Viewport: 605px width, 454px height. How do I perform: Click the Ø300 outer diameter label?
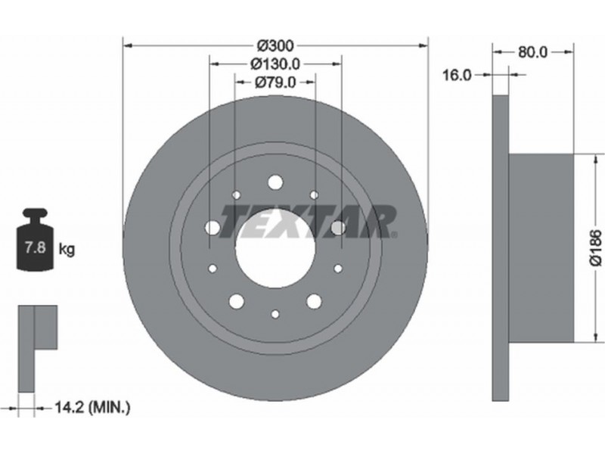275,46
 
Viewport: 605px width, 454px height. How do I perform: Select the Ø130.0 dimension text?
275,64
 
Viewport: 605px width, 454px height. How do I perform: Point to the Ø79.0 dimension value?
275,82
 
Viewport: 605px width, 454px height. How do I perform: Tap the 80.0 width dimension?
532,52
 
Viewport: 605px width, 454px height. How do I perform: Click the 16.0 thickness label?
457,75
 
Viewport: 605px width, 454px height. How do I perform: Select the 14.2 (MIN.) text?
92,407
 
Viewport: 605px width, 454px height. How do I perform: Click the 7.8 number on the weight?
35,247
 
